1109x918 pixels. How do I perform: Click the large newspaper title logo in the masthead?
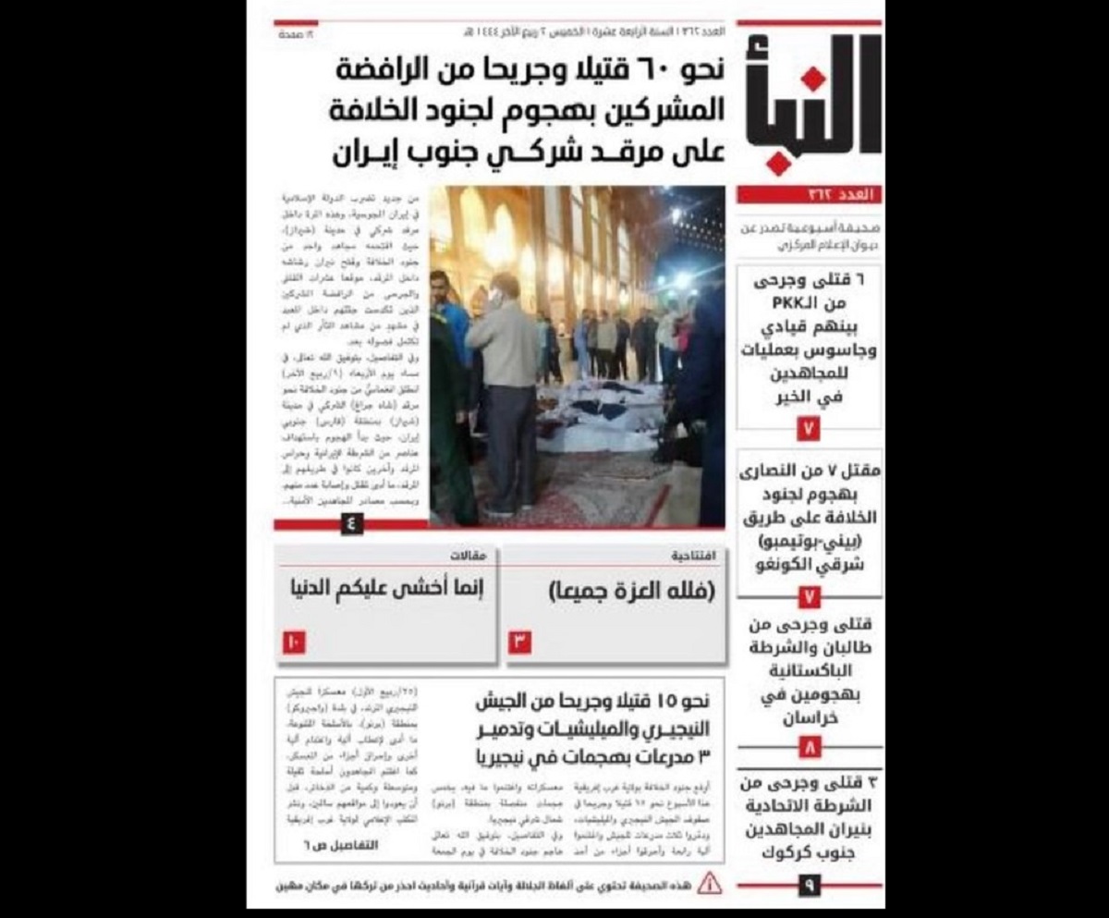coord(810,104)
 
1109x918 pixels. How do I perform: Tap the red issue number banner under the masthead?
coord(810,195)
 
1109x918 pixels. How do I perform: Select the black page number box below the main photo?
coord(351,523)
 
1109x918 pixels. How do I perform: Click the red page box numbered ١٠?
coord(294,641)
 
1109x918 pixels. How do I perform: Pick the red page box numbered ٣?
coord(519,641)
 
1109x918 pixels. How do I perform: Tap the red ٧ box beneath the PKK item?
coord(809,430)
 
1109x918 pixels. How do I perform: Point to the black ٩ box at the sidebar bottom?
coord(809,886)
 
